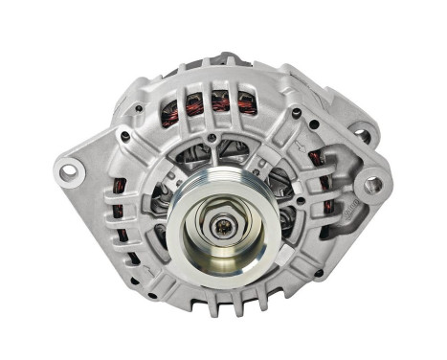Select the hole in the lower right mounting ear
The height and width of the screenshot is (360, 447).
tap(371, 185)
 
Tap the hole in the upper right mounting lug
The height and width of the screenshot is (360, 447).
tap(363, 135)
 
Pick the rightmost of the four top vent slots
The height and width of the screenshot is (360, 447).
tap(246, 102)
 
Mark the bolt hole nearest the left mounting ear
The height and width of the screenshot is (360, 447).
tap(125, 135)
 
